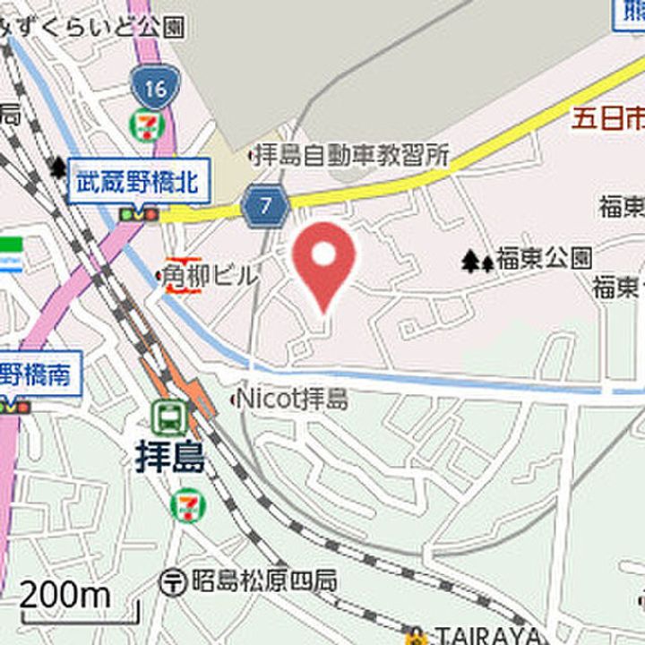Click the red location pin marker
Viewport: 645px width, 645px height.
coord(323,260)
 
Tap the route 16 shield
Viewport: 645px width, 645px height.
coord(153,88)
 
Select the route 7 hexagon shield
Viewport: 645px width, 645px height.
coord(265,206)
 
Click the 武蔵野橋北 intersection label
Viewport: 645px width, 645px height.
coord(140,182)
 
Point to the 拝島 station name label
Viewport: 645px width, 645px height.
coord(170,457)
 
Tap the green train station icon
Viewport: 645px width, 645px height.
coord(168,416)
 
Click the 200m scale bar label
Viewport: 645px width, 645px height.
coord(64,593)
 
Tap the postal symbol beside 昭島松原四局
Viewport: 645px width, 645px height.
coord(172,581)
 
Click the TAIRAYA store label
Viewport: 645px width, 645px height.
coord(488,635)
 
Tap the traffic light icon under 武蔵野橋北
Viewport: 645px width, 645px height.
coord(138,214)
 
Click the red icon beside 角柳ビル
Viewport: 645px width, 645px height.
coord(176,278)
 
